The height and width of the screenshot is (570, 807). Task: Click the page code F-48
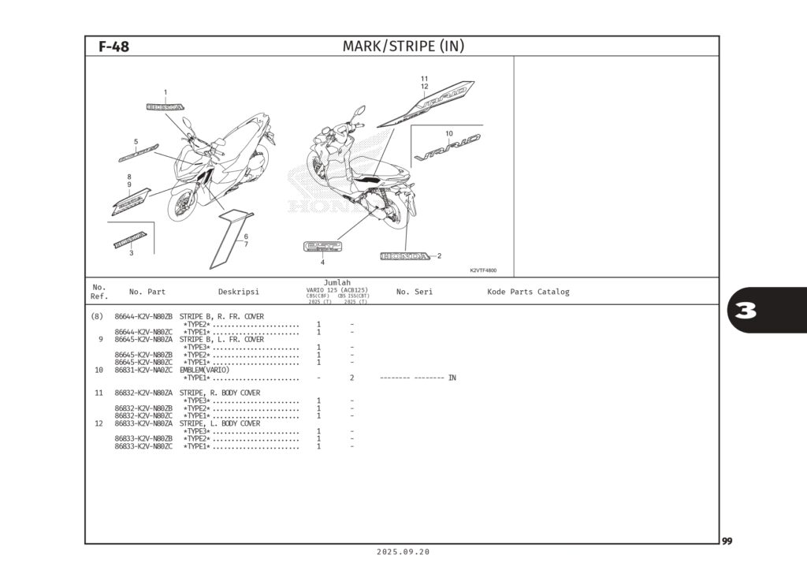(113, 47)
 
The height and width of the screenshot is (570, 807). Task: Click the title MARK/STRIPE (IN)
(403, 47)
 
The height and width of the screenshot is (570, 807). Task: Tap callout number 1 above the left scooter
(165, 92)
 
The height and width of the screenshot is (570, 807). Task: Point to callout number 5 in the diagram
(136, 142)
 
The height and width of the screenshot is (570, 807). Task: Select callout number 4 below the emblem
(322, 262)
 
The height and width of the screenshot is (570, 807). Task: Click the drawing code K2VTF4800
(483, 270)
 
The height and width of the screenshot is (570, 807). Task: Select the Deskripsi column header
(238, 292)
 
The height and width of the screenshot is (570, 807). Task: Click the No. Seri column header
(414, 292)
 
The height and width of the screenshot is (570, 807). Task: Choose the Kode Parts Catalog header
(528, 292)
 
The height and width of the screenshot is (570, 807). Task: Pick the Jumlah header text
(337, 282)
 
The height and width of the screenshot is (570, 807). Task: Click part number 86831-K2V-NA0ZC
(143, 370)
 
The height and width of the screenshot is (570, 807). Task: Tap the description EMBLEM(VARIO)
(204, 370)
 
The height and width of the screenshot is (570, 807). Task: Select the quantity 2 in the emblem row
(351, 378)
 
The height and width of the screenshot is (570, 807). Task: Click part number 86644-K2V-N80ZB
(143, 316)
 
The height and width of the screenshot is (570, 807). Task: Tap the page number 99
(727, 541)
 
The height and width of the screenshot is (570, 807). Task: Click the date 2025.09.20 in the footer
(403, 552)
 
